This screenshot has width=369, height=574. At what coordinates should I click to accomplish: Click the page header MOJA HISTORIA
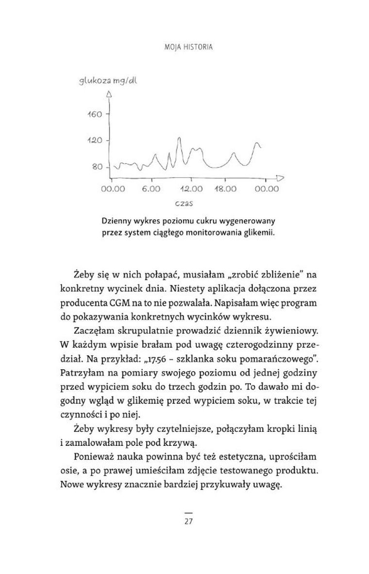pyautogui.click(x=185, y=48)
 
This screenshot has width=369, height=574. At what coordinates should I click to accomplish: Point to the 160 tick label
pyautogui.click(x=94, y=114)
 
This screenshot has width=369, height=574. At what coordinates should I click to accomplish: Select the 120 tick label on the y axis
pyautogui.click(x=94, y=140)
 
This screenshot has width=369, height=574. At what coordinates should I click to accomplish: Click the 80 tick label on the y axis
pyautogui.click(x=97, y=166)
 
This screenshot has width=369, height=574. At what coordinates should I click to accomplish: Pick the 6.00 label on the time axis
pyautogui.click(x=151, y=189)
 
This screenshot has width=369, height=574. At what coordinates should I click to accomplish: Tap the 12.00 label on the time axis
pyautogui.click(x=191, y=189)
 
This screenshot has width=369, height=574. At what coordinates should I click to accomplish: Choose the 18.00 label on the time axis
pyautogui.click(x=224, y=189)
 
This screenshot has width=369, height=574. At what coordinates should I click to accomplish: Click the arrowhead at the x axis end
pyautogui.click(x=281, y=178)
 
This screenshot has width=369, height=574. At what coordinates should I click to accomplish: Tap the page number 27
pyautogui.click(x=189, y=522)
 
